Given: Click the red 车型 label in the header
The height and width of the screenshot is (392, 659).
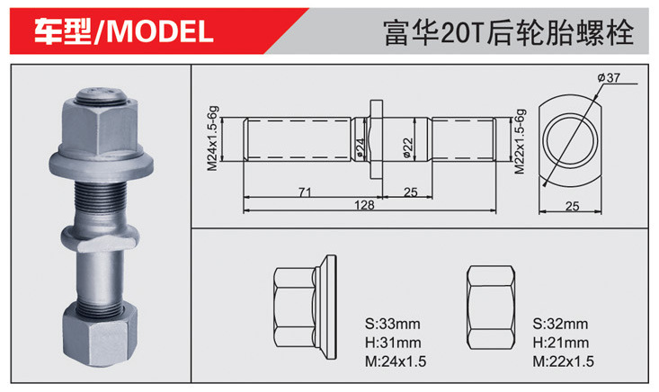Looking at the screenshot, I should tap(62, 32).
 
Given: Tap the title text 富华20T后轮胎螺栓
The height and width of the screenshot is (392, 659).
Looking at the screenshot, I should tap(509, 32).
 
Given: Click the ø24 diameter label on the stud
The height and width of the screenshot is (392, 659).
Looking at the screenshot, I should tap(360, 147).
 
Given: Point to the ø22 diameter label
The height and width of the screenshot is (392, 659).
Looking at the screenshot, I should tap(407, 147).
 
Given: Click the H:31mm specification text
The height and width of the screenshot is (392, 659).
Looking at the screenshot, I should tap(393, 343).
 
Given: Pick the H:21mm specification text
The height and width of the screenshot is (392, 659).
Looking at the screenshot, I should tap(560, 343).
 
